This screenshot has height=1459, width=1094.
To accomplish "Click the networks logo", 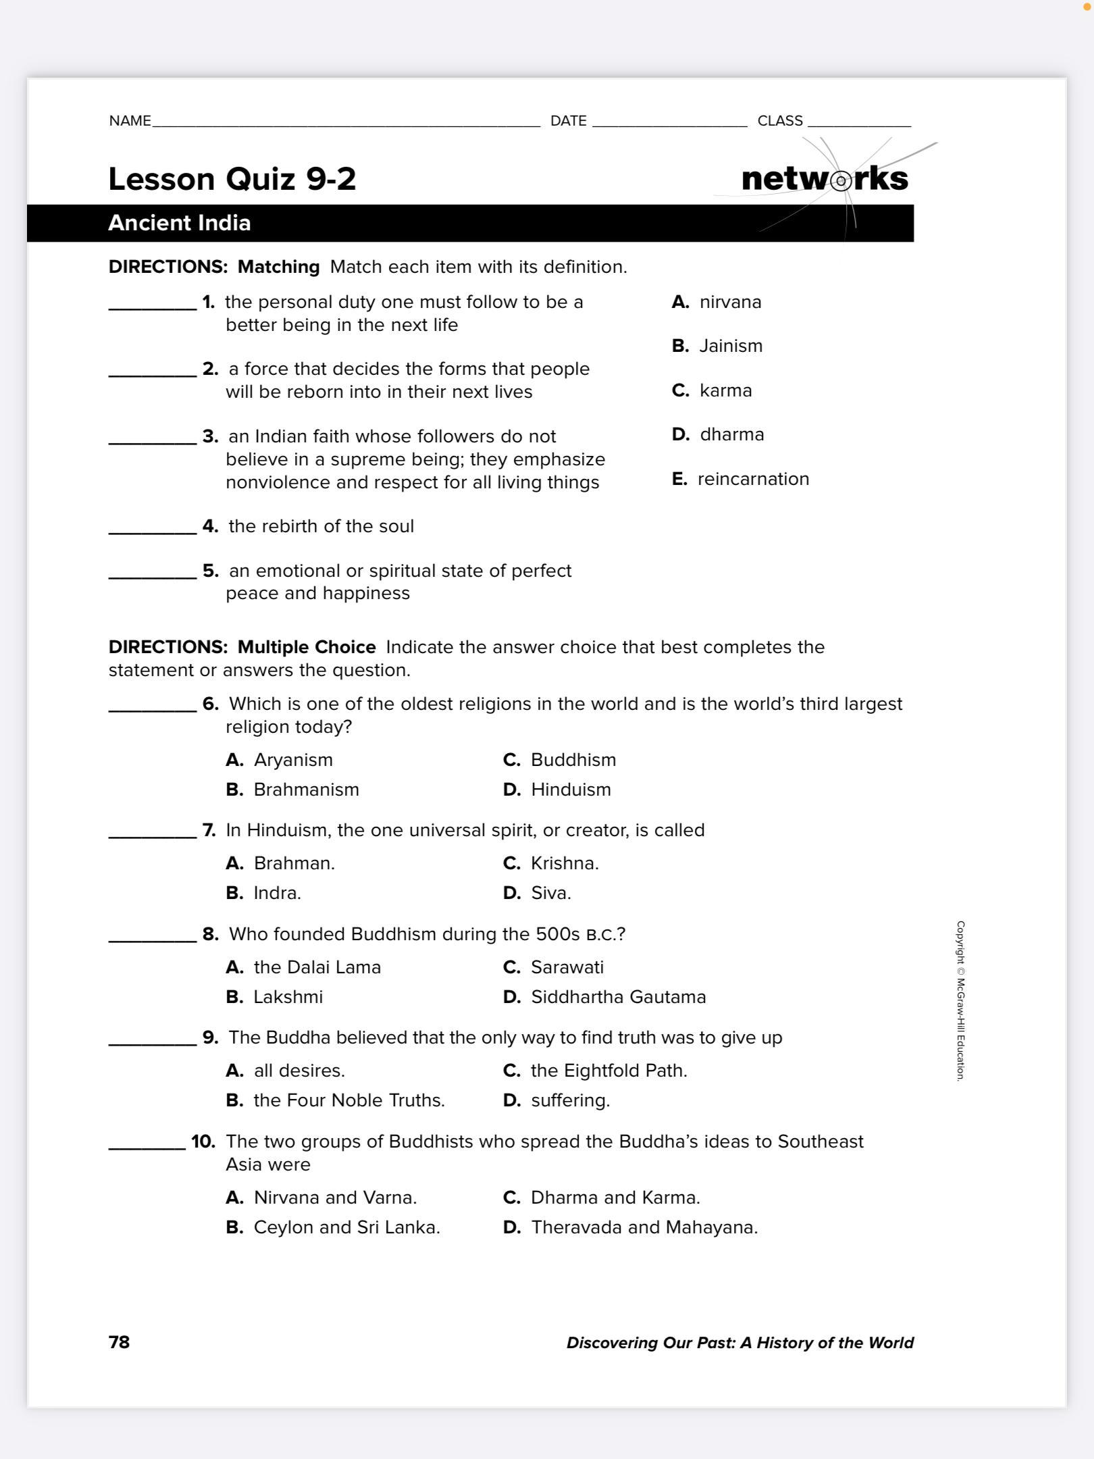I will coord(825,179).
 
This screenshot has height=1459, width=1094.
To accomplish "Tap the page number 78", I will coord(119,1341).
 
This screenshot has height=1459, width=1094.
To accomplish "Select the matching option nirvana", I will coord(729,302).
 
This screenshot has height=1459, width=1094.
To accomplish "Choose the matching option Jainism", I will coord(730,346).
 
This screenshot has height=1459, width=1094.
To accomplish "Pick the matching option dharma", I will coord(731,434).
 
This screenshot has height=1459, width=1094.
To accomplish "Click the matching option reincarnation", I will coord(752,479).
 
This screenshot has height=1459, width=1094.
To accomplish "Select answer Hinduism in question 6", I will coord(570,790).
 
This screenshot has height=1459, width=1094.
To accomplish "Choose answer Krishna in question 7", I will coord(564,863).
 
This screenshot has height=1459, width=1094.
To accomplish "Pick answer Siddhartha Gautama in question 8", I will coord(617,997).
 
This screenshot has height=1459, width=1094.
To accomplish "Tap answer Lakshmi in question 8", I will coord(288,997).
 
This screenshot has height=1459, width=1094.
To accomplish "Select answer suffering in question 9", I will coord(569,1100).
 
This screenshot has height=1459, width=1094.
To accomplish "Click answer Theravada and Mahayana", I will coord(644,1227).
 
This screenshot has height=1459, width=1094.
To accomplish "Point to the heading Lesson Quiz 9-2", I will coord(232,179).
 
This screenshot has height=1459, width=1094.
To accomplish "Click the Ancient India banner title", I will coord(180,223).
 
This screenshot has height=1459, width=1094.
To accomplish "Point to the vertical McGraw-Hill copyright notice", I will coord(960,1001).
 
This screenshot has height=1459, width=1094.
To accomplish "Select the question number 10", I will coord(203,1142).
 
